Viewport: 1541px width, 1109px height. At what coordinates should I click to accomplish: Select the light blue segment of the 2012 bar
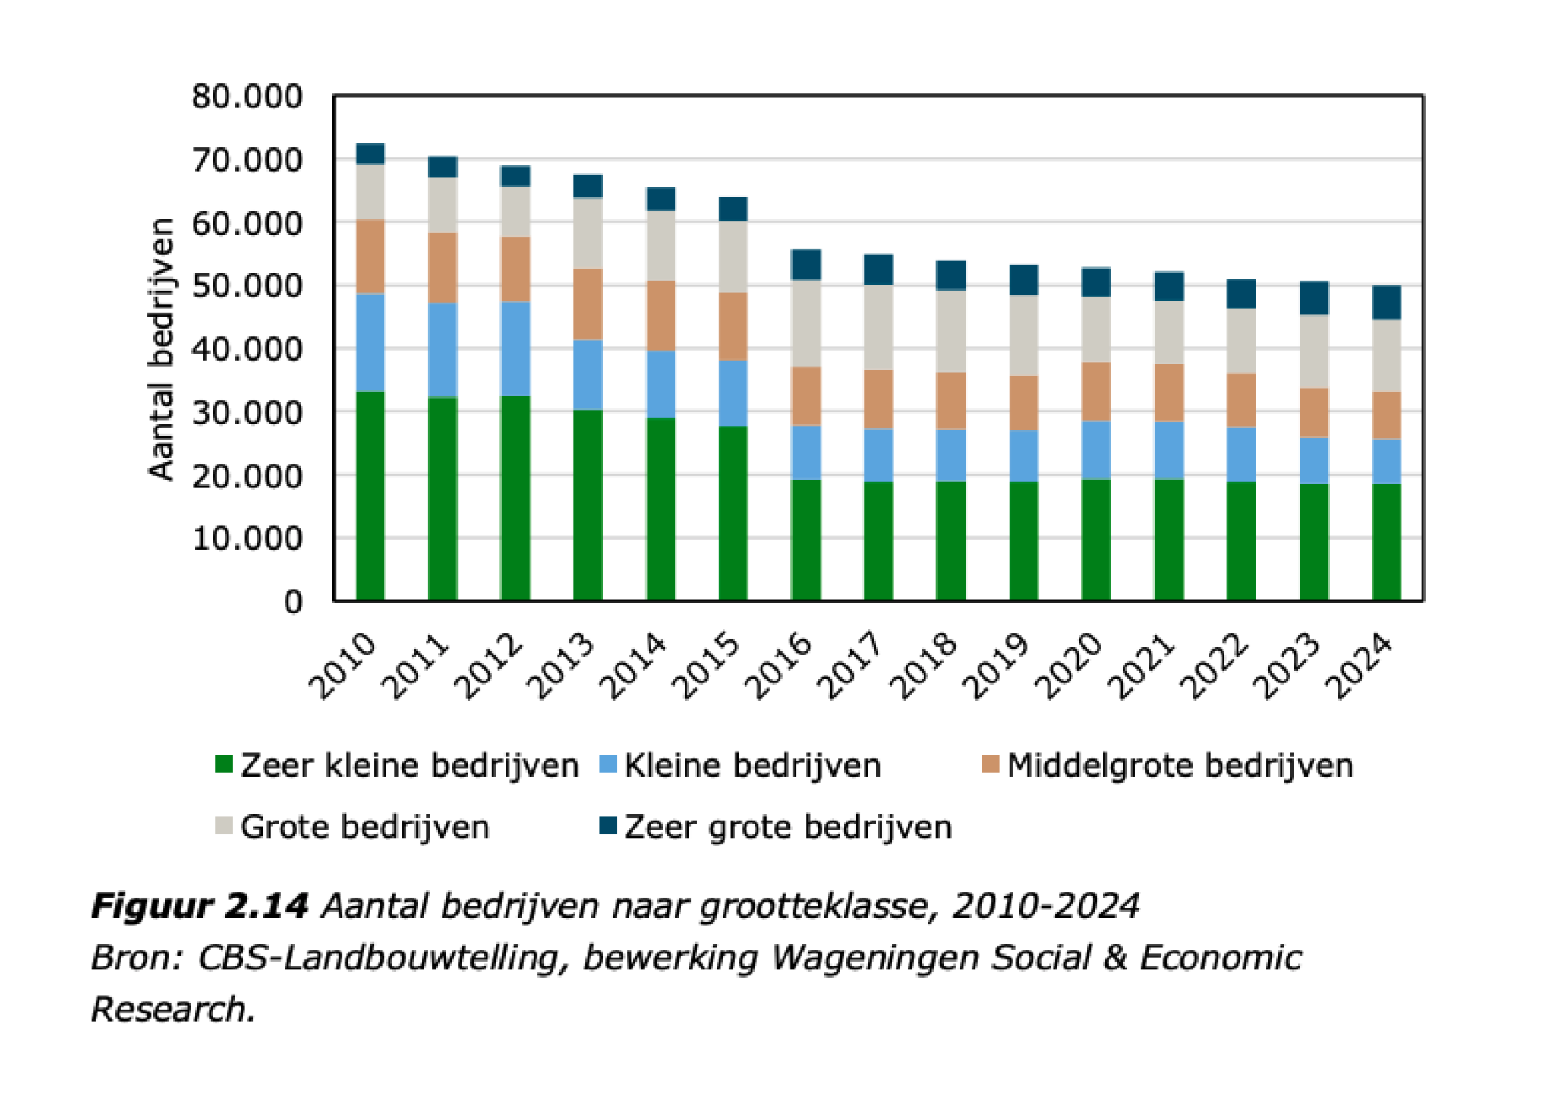click(515, 348)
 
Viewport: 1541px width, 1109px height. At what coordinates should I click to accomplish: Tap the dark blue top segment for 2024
click(1386, 302)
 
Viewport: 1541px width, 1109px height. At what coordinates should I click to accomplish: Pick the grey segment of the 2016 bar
click(805, 323)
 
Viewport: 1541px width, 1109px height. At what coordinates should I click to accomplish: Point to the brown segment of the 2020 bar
click(1095, 392)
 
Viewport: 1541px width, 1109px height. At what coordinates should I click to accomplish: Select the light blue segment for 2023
click(1314, 460)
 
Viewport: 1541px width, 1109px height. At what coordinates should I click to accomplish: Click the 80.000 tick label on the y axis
click(247, 96)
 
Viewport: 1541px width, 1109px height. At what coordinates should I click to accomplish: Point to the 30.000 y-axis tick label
click(247, 413)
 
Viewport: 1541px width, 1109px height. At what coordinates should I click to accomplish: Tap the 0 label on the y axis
click(293, 602)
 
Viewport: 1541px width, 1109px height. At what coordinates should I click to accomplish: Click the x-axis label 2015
click(707, 666)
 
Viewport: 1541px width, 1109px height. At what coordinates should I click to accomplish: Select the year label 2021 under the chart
click(1141, 666)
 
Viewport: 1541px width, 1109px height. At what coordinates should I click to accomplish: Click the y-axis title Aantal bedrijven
click(161, 348)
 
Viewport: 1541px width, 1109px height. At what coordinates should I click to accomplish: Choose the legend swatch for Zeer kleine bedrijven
click(224, 764)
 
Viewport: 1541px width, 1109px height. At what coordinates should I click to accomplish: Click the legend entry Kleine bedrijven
click(752, 765)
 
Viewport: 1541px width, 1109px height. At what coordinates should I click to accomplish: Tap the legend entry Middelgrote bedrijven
click(1179, 765)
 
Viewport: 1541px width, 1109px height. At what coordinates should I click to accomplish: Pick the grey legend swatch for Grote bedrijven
click(224, 825)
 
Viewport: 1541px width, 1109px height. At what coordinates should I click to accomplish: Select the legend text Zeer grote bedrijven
click(787, 827)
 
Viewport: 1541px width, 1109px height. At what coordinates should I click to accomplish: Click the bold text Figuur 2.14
click(199, 906)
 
